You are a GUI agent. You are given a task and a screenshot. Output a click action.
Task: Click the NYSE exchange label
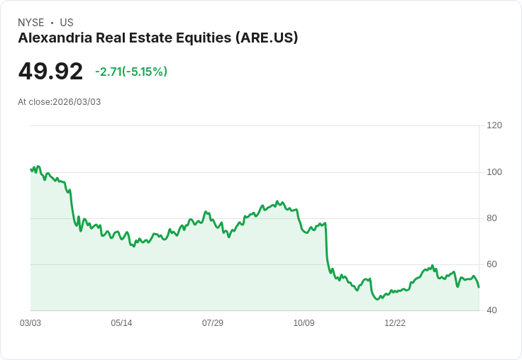[x=31, y=23]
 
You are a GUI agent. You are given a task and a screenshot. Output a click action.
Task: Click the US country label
[x=67, y=23]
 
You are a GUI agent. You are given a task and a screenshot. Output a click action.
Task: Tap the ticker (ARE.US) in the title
[x=266, y=38]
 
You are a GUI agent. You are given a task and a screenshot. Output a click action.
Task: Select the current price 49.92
[x=50, y=72]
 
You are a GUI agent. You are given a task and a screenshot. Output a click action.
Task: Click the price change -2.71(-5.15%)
[x=131, y=72]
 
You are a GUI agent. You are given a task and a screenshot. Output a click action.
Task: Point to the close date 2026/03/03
[x=77, y=102]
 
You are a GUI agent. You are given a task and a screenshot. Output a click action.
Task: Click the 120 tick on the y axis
[x=494, y=125]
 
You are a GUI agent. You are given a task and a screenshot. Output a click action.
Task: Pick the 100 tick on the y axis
[x=494, y=171]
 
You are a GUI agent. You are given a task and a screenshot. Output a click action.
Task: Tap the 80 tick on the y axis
[x=492, y=218]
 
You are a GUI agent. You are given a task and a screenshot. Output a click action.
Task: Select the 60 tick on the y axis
[x=492, y=264]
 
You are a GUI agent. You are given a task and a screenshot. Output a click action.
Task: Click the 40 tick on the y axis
[x=492, y=310]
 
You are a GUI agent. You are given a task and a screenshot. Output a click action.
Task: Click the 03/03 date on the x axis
[x=30, y=323]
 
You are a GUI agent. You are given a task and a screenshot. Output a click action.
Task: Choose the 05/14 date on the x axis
[x=121, y=323]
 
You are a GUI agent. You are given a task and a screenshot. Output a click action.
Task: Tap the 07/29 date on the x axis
[x=213, y=323]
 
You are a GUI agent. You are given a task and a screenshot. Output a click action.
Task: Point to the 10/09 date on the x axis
[x=304, y=323]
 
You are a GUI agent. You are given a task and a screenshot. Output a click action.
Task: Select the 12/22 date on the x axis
[x=395, y=323]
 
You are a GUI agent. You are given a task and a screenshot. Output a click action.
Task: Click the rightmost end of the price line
[x=479, y=287]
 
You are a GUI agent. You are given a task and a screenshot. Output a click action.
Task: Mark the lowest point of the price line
[x=377, y=300]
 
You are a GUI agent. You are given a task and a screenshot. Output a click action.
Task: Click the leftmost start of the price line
[x=30, y=169]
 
